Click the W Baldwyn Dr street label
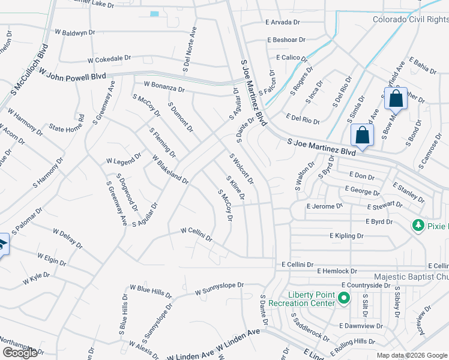click(x=74, y=32)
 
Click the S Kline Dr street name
click(x=235, y=188)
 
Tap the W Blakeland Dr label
click(x=170, y=170)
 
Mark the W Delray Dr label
click(x=67, y=238)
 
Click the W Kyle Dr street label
click(x=36, y=278)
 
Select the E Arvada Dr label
click(x=282, y=22)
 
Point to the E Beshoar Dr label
click(x=286, y=40)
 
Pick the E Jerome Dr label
click(x=324, y=206)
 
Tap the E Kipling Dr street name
click(x=346, y=236)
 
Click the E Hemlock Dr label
click(x=337, y=271)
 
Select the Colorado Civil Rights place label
click(x=411, y=19)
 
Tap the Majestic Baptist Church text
click(x=411, y=277)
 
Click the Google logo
click(x=20, y=353)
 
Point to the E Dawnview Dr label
click(x=360, y=326)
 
